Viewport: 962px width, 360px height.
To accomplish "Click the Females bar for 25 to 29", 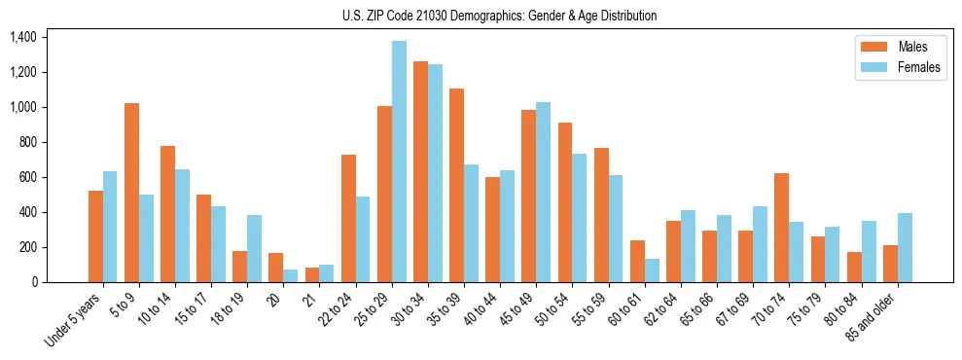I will point(399,162).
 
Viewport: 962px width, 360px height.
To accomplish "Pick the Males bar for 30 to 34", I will point(420,172).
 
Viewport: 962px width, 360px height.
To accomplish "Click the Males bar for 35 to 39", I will point(456,186).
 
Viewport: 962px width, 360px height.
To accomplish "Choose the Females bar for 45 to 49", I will point(543,193).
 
